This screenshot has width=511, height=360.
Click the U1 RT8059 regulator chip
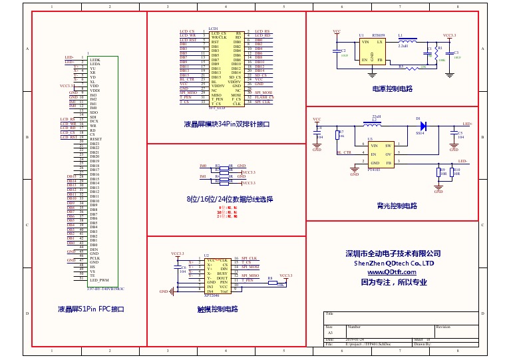coord(373,51)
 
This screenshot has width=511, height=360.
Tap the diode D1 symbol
coord(423,124)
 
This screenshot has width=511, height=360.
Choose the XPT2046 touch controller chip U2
coord(218,275)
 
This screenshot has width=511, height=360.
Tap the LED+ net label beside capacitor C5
coord(467,124)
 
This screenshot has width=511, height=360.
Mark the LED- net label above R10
coord(462,162)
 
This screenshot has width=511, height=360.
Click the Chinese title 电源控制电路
coord(392,89)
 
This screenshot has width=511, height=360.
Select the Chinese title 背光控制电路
coord(396,206)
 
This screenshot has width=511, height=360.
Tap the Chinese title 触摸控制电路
coord(218,309)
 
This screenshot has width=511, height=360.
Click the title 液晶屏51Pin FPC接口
coord(91,309)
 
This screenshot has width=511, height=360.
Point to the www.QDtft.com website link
coord(393,272)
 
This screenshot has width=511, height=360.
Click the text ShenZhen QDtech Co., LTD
coord(393,264)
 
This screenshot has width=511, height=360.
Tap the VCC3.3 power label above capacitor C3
coord(449,35)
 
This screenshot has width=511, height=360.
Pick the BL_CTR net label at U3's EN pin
coord(343,153)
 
